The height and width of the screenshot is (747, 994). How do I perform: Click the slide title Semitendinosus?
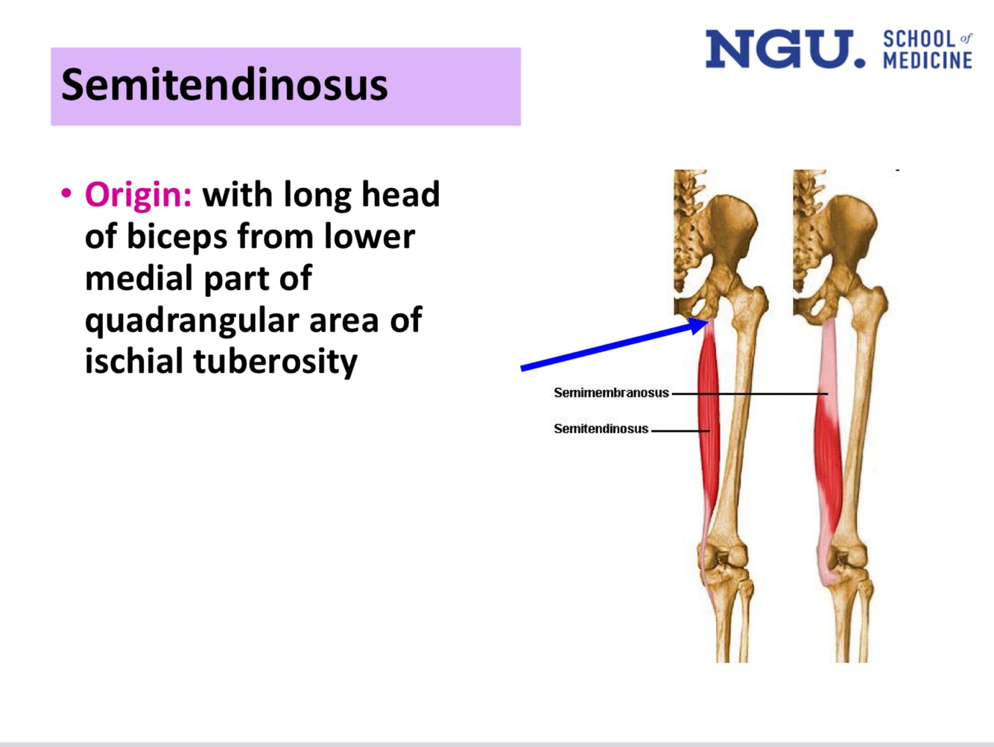224,84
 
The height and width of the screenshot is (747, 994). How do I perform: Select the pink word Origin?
138,195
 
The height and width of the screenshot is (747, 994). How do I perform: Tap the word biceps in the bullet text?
177,237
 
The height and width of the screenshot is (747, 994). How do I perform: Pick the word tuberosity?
275,362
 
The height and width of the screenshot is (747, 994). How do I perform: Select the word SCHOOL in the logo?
919,39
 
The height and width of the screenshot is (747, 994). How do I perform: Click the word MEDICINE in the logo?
928,60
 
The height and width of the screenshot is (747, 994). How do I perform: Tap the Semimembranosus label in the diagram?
611,393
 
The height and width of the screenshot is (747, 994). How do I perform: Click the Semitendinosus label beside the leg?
601,429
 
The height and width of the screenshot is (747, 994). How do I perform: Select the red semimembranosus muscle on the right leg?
828,462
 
